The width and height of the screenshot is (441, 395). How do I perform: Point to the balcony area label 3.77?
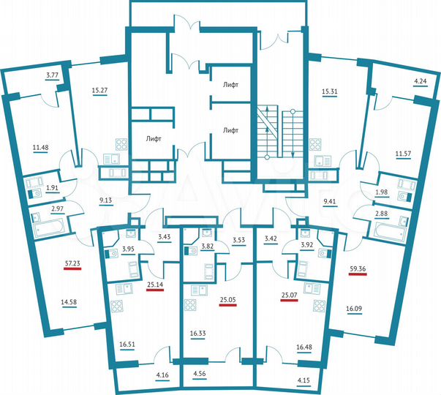coord(53,75)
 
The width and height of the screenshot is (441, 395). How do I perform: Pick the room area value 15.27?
coord(100,91)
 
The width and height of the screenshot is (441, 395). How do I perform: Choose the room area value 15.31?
coord(331,91)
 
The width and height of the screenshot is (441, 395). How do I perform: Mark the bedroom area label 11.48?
coord(41,146)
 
